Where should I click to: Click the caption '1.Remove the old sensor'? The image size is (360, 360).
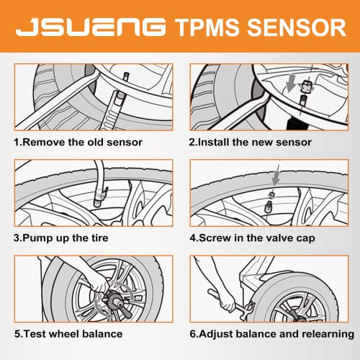pyautogui.click(x=83, y=142)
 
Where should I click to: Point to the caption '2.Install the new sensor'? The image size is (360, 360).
pyautogui.click(x=250, y=142)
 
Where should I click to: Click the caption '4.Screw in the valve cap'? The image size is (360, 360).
pyautogui.click(x=251, y=238)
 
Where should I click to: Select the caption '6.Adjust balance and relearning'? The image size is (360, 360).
pyautogui.click(x=271, y=333)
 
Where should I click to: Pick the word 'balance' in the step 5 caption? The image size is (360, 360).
pyautogui.click(x=107, y=333)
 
